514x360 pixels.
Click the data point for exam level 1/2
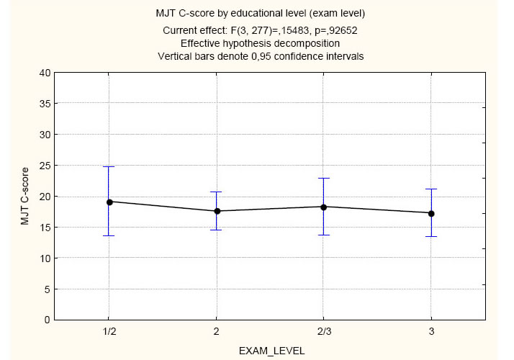click(109, 202)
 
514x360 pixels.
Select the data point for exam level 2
click(216, 211)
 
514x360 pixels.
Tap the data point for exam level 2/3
click(323, 207)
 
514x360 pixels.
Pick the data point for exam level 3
click(430, 213)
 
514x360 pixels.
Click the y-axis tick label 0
click(48, 320)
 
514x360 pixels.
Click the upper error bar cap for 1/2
click(109, 167)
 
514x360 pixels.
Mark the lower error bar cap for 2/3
click(323, 235)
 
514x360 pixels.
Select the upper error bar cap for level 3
click(430, 189)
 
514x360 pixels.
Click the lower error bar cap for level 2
click(216, 230)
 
